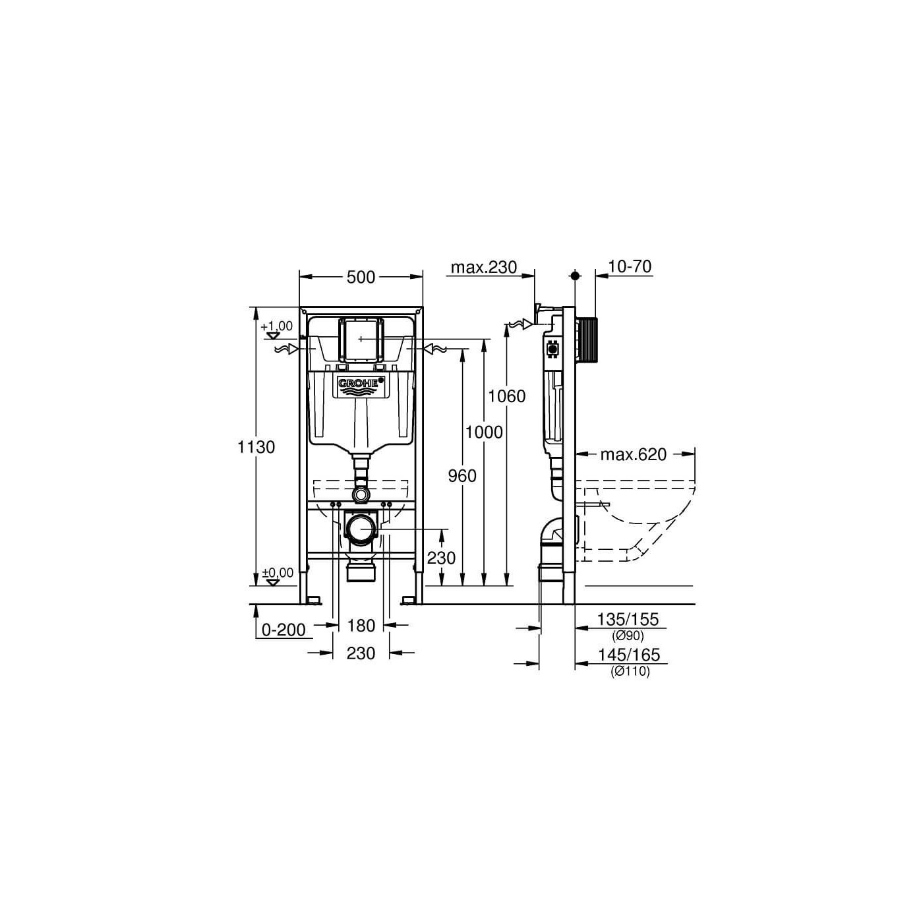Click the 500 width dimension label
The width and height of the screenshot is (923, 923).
(361, 277)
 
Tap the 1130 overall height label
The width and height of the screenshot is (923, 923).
(256, 447)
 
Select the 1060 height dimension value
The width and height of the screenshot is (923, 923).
(506, 396)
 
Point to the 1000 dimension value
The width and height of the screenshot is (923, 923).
(485, 432)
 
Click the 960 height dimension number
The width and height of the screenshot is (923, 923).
(462, 475)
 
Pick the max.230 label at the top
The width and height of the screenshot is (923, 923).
(484, 266)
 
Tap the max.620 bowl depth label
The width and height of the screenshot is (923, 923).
(633, 454)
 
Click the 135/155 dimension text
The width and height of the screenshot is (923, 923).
(628, 619)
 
